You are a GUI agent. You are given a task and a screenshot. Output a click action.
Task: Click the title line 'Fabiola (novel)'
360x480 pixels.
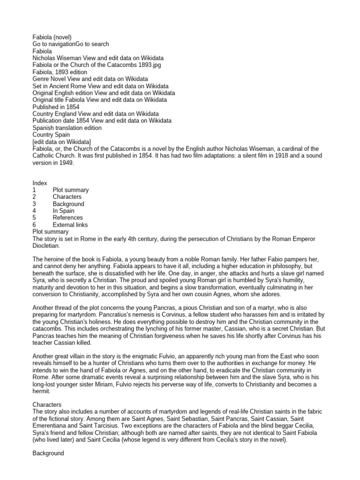point(52,37)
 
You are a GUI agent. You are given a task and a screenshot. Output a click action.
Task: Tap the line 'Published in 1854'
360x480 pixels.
point(56,107)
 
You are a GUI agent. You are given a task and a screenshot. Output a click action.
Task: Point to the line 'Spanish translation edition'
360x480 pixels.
point(67,127)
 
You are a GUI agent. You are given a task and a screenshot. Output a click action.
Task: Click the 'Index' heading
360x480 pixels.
point(40,183)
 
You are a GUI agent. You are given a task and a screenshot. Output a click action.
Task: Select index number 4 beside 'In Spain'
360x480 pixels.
point(34,211)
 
